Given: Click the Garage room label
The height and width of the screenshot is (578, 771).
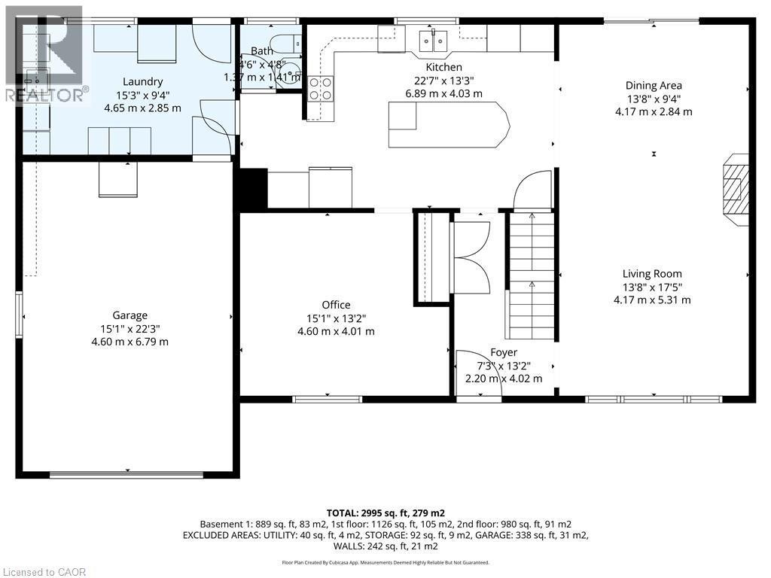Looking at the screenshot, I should pos(130,315).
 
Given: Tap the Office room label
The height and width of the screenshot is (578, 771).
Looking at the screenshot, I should pos(336,305).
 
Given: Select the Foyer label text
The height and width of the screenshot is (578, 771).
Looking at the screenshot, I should pos(504,352).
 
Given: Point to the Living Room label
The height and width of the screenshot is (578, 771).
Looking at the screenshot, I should pos(652,274).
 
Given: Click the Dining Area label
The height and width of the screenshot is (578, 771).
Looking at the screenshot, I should pos(654,86).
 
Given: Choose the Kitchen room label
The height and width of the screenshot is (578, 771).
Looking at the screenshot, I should pos(443,67).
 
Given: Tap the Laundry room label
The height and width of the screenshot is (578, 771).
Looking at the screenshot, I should pos(143,81).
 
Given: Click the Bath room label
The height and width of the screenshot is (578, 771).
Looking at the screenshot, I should pos(262,51).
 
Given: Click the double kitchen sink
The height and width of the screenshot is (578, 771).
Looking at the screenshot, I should pos(434,38).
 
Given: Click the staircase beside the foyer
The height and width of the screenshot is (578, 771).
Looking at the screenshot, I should pos(532,275).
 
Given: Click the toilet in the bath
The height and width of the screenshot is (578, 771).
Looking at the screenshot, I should pos(288,42).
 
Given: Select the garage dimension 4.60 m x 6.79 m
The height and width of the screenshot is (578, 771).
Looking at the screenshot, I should pos(130,342).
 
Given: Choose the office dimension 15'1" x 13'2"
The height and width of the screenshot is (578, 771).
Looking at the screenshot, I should pos(336,318).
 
